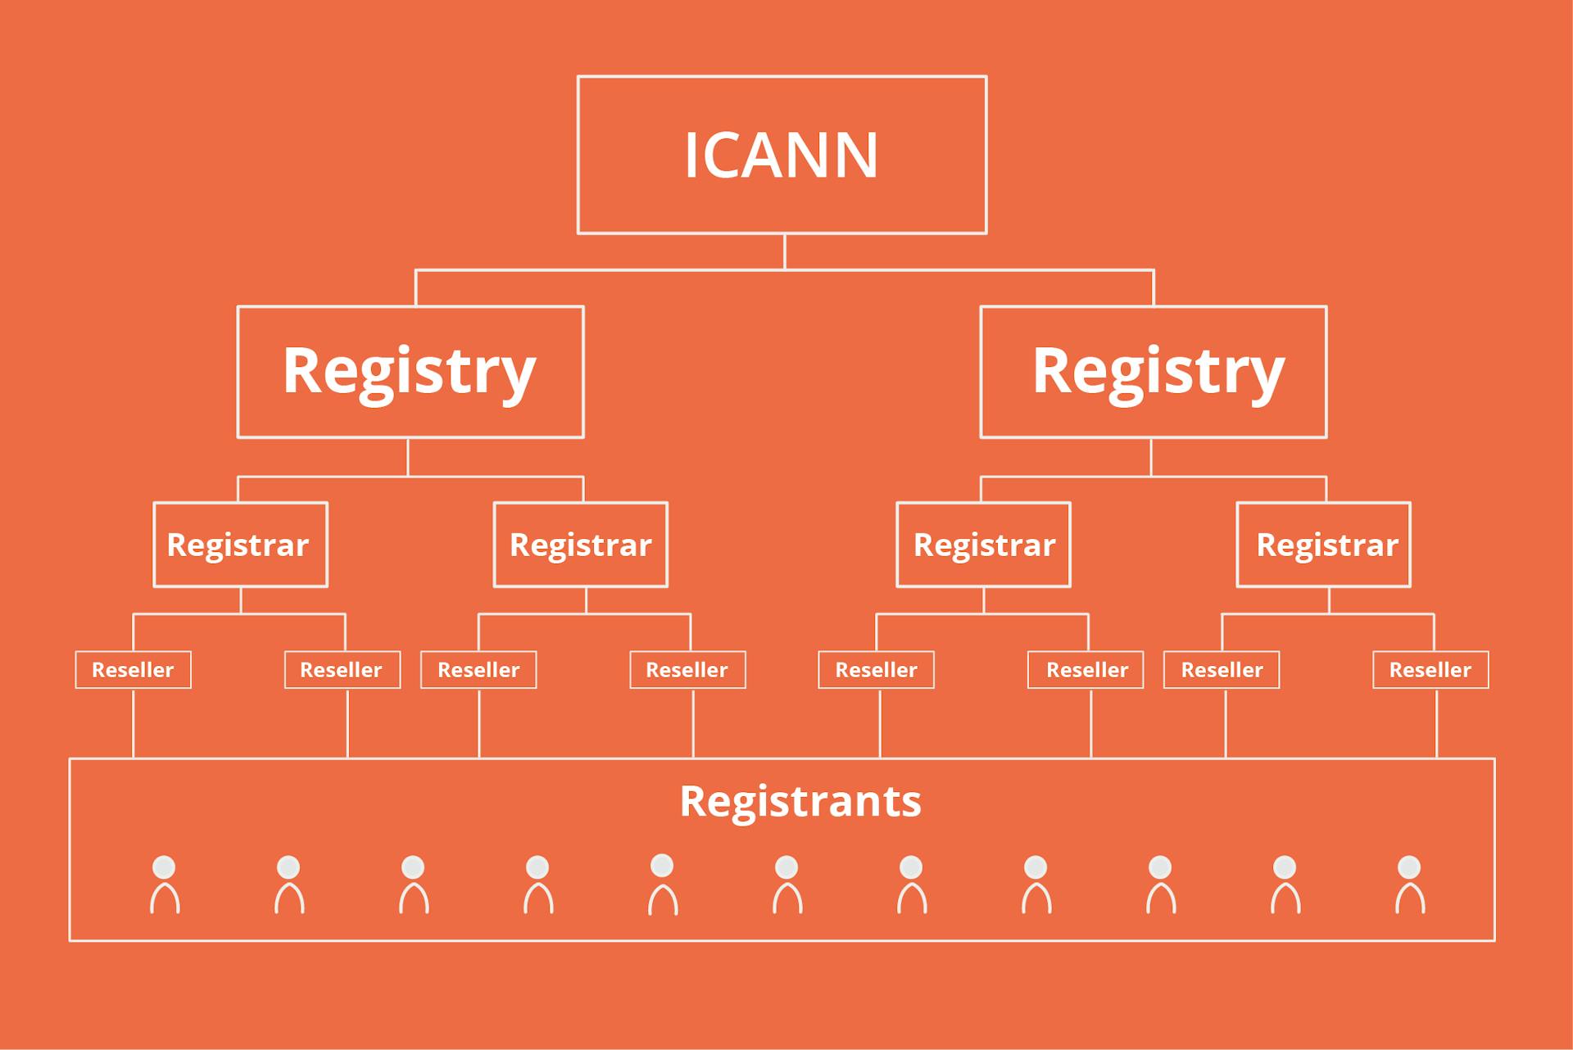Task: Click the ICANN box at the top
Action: point(782,155)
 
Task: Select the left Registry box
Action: point(410,372)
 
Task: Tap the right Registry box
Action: point(1153,372)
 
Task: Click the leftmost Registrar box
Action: point(240,545)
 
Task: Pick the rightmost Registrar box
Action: point(1323,545)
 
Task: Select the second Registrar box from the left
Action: point(580,545)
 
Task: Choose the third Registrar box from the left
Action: point(983,545)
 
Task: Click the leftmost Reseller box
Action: point(133,670)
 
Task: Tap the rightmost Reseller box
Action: point(1430,670)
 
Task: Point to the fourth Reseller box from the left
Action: point(687,670)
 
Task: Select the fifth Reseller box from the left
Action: point(876,670)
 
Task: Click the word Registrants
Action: point(800,801)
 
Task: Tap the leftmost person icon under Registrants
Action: point(165,885)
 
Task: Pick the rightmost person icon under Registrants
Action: point(1409,885)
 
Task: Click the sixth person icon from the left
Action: point(786,885)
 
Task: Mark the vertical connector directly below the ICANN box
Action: point(785,251)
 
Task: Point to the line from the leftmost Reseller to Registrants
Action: point(134,723)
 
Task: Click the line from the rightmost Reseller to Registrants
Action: point(1436,723)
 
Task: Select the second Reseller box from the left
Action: point(342,670)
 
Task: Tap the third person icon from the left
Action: point(413,885)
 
